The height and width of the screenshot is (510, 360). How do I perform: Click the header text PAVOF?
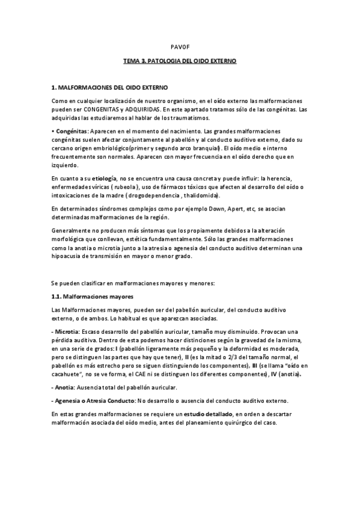click(180, 46)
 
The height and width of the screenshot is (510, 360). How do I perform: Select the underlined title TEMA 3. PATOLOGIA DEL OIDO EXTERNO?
click(180, 61)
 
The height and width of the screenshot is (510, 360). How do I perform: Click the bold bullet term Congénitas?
click(71, 131)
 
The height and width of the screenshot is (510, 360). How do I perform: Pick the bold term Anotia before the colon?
click(64, 387)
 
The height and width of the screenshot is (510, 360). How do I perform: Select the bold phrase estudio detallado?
click(208, 414)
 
